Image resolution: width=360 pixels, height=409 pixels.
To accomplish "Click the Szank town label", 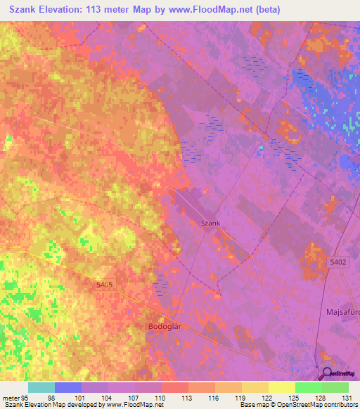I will pyautogui.click(x=211, y=223).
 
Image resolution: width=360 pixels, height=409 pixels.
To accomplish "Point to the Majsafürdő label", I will pyautogui.click(x=342, y=311).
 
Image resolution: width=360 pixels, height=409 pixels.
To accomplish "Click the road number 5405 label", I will pyautogui.click(x=104, y=285).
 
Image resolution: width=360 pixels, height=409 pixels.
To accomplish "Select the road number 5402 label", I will pyautogui.click(x=338, y=261).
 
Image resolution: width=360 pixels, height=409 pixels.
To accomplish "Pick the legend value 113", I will pyautogui.click(x=188, y=397).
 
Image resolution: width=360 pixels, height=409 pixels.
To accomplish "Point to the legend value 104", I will pyautogui.click(x=108, y=397).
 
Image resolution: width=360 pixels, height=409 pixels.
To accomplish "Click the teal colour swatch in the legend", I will pyautogui.click(x=41, y=387).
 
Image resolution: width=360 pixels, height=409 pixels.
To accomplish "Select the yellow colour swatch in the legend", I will pyautogui.click(x=281, y=387).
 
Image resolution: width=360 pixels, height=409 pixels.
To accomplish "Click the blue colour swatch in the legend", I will pyautogui.click(x=67, y=387).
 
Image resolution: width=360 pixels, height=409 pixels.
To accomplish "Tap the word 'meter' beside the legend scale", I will pyautogui.click(x=10, y=397).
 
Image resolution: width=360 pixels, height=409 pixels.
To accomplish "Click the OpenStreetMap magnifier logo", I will pyautogui.click(x=328, y=374).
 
